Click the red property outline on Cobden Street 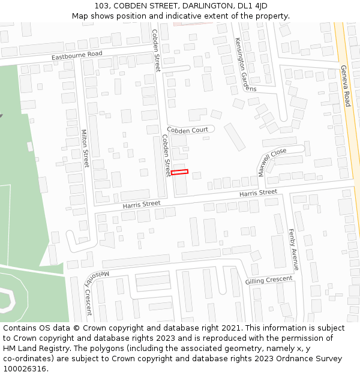click(x=179, y=172)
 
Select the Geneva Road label click(x=345, y=86)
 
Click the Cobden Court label click(x=187, y=130)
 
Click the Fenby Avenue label click(x=293, y=249)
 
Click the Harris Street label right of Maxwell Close click(x=258, y=193)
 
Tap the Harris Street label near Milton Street click(x=142, y=205)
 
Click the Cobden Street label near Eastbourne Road click(x=156, y=50)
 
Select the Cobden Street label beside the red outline click(x=166, y=155)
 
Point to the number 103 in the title click(x=101, y=6)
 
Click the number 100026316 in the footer click(x=25, y=368)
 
